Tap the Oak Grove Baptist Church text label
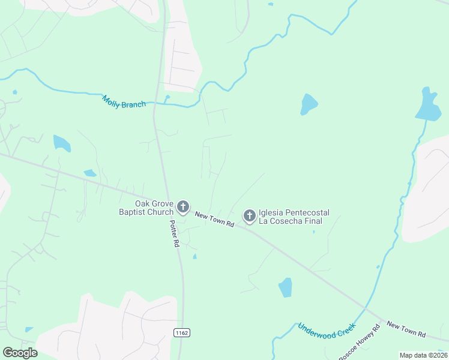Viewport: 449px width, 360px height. pyautogui.click(x=146, y=208)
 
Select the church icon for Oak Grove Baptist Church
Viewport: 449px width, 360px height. pyautogui.click(x=183, y=208)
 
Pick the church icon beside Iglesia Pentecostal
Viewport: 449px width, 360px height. pyautogui.click(x=249, y=215)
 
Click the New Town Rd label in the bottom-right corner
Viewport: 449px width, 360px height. pyautogui.click(x=406, y=329)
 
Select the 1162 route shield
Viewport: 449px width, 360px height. pyautogui.click(x=182, y=332)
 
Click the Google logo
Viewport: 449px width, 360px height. pyautogui.click(x=20, y=352)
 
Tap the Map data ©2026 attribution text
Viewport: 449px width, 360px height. pyautogui.click(x=423, y=355)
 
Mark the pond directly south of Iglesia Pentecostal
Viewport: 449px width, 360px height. pyautogui.click(x=285, y=287)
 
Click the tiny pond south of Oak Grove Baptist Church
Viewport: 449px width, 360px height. pyautogui.click(x=194, y=257)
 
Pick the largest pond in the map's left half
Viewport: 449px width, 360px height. pyautogui.click(x=61, y=143)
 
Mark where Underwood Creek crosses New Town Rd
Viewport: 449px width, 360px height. pyautogui.click(x=364, y=309)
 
